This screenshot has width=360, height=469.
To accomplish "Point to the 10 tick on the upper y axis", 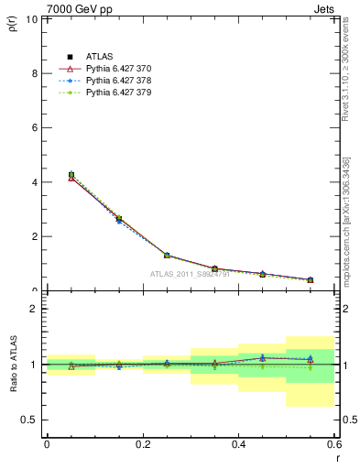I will point(33,19).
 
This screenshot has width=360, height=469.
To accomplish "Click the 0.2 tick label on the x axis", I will point(142,444).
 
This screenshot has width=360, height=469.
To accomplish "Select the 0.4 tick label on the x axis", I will point(238,444).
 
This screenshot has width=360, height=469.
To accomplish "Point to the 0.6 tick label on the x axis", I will point(333,444).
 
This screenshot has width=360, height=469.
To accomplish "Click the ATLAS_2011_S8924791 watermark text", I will point(189,274).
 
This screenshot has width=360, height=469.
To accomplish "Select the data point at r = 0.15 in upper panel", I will point(119,219).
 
